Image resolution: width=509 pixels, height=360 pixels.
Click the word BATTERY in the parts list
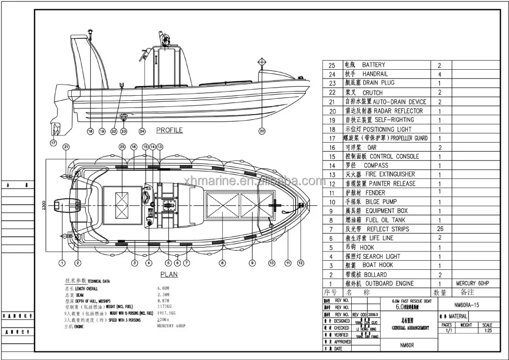(373, 65)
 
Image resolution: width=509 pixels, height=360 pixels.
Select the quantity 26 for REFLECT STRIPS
(440, 229)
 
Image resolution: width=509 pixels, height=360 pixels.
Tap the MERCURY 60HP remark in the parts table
(472, 283)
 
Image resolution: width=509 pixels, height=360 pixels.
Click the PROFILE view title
(169, 130)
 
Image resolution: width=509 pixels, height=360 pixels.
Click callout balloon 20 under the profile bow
(262, 131)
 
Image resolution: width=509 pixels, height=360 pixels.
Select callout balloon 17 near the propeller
(53, 143)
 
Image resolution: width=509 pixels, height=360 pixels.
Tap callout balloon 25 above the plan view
(122, 147)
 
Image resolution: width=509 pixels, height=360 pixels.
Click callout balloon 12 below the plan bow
(301, 263)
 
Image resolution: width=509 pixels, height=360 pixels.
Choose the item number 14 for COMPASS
(332, 165)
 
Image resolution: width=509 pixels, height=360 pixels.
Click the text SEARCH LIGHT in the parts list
(381, 256)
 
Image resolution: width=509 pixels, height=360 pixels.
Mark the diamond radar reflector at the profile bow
(262, 63)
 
